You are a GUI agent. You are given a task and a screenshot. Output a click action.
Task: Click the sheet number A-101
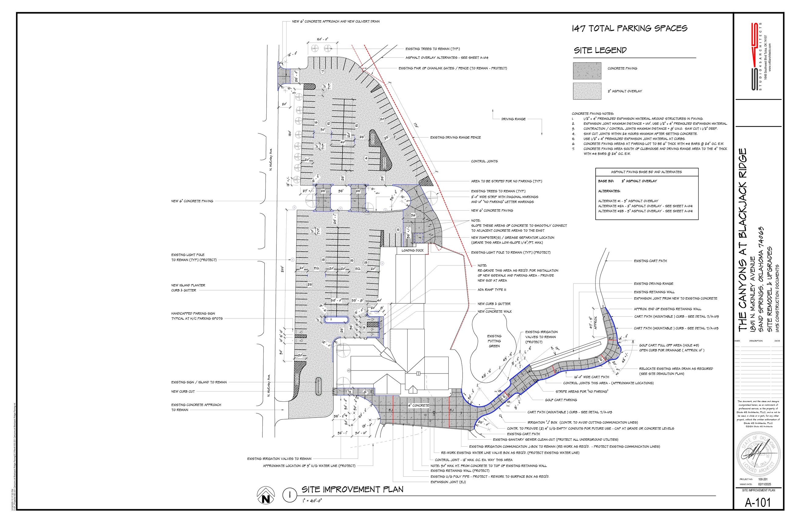click(x=758, y=512)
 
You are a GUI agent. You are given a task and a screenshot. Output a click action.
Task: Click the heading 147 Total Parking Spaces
click(x=629, y=28)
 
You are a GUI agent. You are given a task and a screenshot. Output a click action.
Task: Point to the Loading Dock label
click(x=412, y=250)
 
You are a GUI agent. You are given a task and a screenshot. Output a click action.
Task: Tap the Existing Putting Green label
click(x=494, y=341)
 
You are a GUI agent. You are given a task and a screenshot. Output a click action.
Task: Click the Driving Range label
click(x=513, y=119)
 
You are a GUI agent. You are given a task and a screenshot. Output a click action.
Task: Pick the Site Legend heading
click(x=600, y=51)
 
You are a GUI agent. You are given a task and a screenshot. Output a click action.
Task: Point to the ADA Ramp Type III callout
click(x=492, y=290)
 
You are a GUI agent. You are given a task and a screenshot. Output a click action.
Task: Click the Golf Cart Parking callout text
click(x=561, y=400)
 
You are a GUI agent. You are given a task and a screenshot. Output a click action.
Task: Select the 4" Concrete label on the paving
click(x=419, y=405)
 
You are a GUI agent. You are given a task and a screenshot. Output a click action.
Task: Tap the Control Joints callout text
click(x=484, y=161)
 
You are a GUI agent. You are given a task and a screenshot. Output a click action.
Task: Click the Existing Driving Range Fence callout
click(x=455, y=137)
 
